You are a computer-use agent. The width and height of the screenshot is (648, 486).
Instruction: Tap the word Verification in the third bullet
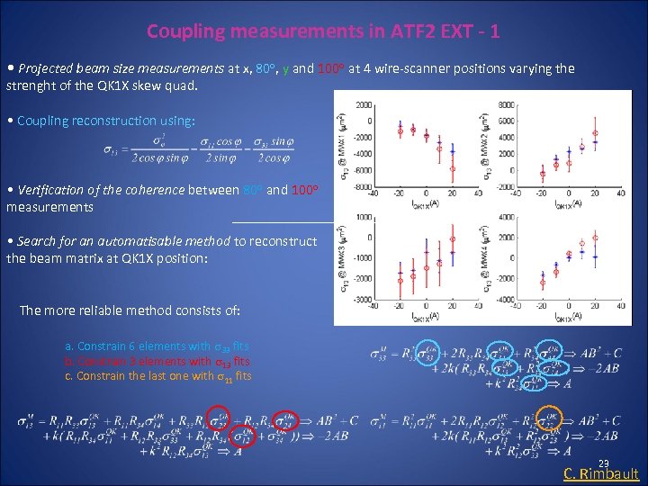pyautogui.click(x=53, y=190)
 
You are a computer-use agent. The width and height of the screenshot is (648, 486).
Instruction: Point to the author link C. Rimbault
pyautogui.click(x=600, y=474)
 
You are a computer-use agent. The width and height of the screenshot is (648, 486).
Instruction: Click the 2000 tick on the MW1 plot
pyautogui.click(x=364, y=105)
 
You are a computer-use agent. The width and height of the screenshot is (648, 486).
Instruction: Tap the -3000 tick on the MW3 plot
pyautogui.click(x=362, y=299)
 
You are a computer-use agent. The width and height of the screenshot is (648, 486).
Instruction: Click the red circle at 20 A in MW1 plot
pyautogui.click(x=453, y=167)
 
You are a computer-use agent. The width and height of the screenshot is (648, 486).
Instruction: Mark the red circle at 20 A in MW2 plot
pyautogui.click(x=595, y=133)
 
